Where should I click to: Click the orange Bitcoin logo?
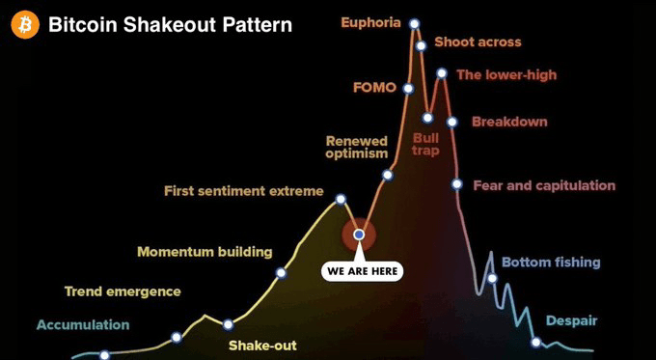(x=25, y=25)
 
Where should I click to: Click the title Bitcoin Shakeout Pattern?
(x=171, y=25)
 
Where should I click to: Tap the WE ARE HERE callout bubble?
(x=363, y=271)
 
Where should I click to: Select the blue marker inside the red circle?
(x=359, y=235)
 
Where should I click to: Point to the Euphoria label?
(x=371, y=22)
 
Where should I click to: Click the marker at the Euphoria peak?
(x=414, y=24)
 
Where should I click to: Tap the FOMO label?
(x=374, y=88)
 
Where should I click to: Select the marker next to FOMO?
(x=409, y=89)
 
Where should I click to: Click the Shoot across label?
(x=478, y=42)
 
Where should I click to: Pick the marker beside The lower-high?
(x=442, y=73)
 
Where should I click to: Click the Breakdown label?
(x=509, y=122)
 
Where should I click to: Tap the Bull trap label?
(x=425, y=145)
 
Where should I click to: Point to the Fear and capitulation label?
(x=544, y=185)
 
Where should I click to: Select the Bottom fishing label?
(x=551, y=263)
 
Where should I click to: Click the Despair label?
(x=571, y=321)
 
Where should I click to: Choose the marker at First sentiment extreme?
(x=341, y=199)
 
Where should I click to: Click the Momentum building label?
(x=205, y=252)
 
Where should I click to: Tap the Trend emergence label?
(x=123, y=291)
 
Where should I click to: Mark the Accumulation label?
(x=83, y=325)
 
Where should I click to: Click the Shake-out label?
(x=262, y=346)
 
